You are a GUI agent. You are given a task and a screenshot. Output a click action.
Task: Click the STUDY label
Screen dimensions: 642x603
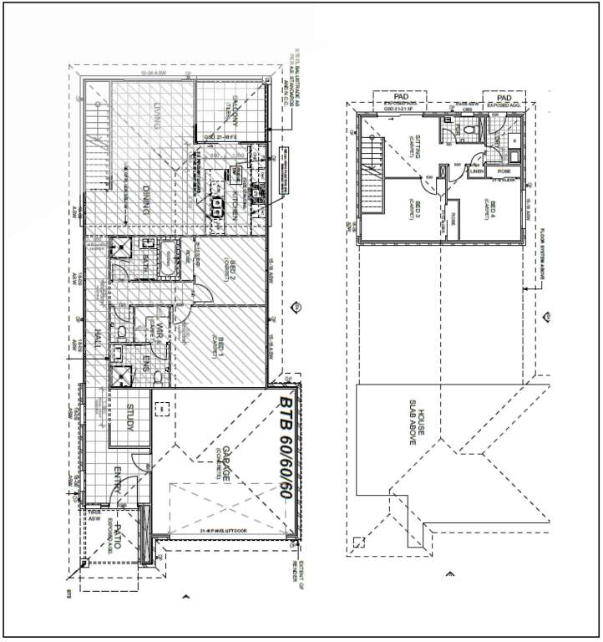(129, 418)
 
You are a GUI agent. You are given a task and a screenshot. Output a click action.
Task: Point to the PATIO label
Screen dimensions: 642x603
(118, 535)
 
